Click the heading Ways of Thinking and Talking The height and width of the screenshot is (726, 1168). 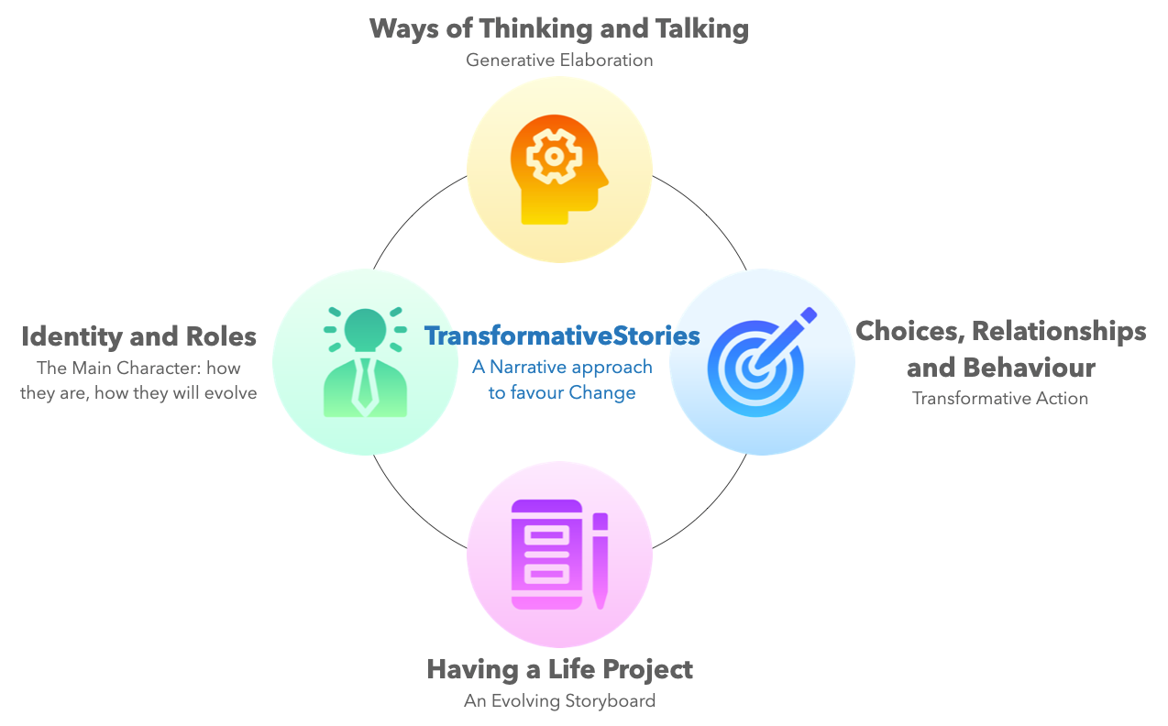559,29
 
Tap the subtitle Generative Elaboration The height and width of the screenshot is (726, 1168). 559,60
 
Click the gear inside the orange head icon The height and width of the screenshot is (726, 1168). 554,156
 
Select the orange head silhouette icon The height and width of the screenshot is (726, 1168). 559,170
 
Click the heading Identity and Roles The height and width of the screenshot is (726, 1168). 138,336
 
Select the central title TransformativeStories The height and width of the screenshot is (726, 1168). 562,336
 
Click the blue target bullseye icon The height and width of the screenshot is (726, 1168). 761,362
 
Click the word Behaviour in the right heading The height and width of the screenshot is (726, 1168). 1029,368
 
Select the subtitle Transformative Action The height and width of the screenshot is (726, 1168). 1000,399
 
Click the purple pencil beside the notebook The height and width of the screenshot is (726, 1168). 601,561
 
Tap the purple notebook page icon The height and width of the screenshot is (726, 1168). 546,555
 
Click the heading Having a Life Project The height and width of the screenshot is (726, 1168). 559,670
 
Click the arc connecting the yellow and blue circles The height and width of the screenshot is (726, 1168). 708,214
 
